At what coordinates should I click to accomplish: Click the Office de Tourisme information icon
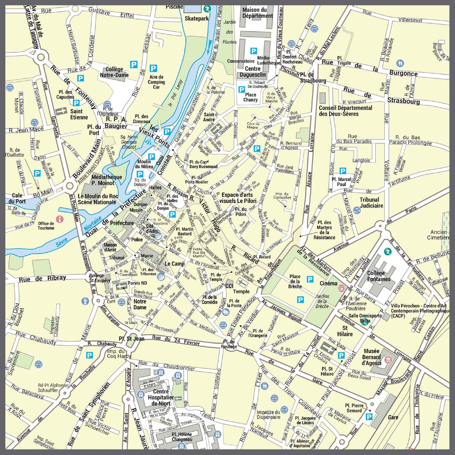click(60, 219)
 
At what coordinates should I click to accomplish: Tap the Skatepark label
click(197, 19)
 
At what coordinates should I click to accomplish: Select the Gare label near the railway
click(393, 417)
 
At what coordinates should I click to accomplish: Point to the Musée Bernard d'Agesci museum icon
click(388, 360)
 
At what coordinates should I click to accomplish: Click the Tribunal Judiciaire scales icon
click(357, 210)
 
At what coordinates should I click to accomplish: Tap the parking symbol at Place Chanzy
click(241, 89)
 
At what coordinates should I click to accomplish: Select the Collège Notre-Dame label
click(114, 72)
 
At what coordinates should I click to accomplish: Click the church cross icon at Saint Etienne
click(61, 111)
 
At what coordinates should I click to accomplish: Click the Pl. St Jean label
click(131, 339)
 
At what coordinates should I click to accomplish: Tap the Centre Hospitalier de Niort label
click(161, 397)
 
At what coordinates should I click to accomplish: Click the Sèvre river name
click(62, 242)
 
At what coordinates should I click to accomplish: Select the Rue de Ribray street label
click(42, 279)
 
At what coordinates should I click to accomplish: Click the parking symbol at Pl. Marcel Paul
click(343, 171)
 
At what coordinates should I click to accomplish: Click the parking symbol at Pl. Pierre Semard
click(369, 417)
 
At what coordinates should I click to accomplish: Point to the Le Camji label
click(174, 264)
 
